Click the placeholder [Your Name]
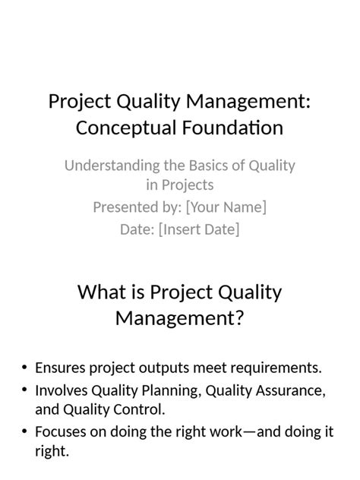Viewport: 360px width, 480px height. [226, 207]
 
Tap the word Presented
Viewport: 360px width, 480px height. [125, 207]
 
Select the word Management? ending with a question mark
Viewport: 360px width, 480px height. [179, 317]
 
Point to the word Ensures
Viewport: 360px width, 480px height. [60, 368]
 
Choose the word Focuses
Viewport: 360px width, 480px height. [61, 431]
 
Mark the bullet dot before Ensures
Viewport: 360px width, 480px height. [24, 368]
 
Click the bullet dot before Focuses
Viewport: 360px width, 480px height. [24, 432]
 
